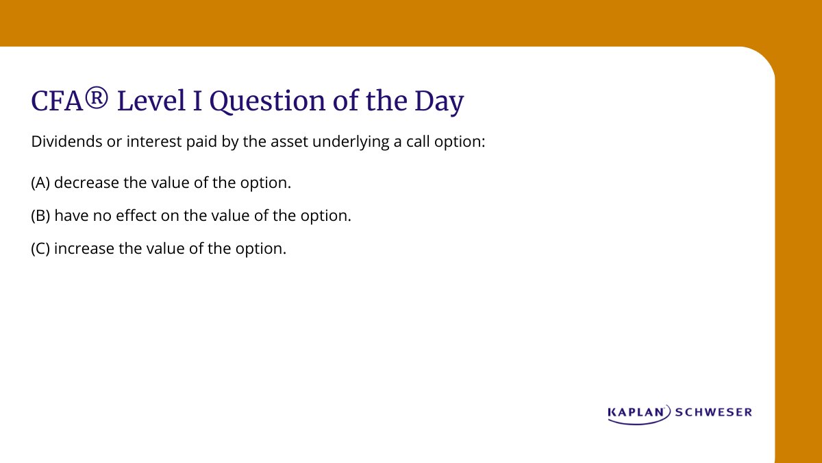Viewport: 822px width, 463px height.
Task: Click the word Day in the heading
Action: [440, 102]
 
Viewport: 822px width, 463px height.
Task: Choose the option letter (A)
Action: [40, 183]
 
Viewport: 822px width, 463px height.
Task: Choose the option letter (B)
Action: [40, 215]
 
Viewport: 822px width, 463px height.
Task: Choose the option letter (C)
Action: [40, 248]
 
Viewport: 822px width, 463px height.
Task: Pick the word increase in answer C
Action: [84, 248]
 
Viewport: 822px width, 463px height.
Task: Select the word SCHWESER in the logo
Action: [714, 412]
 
